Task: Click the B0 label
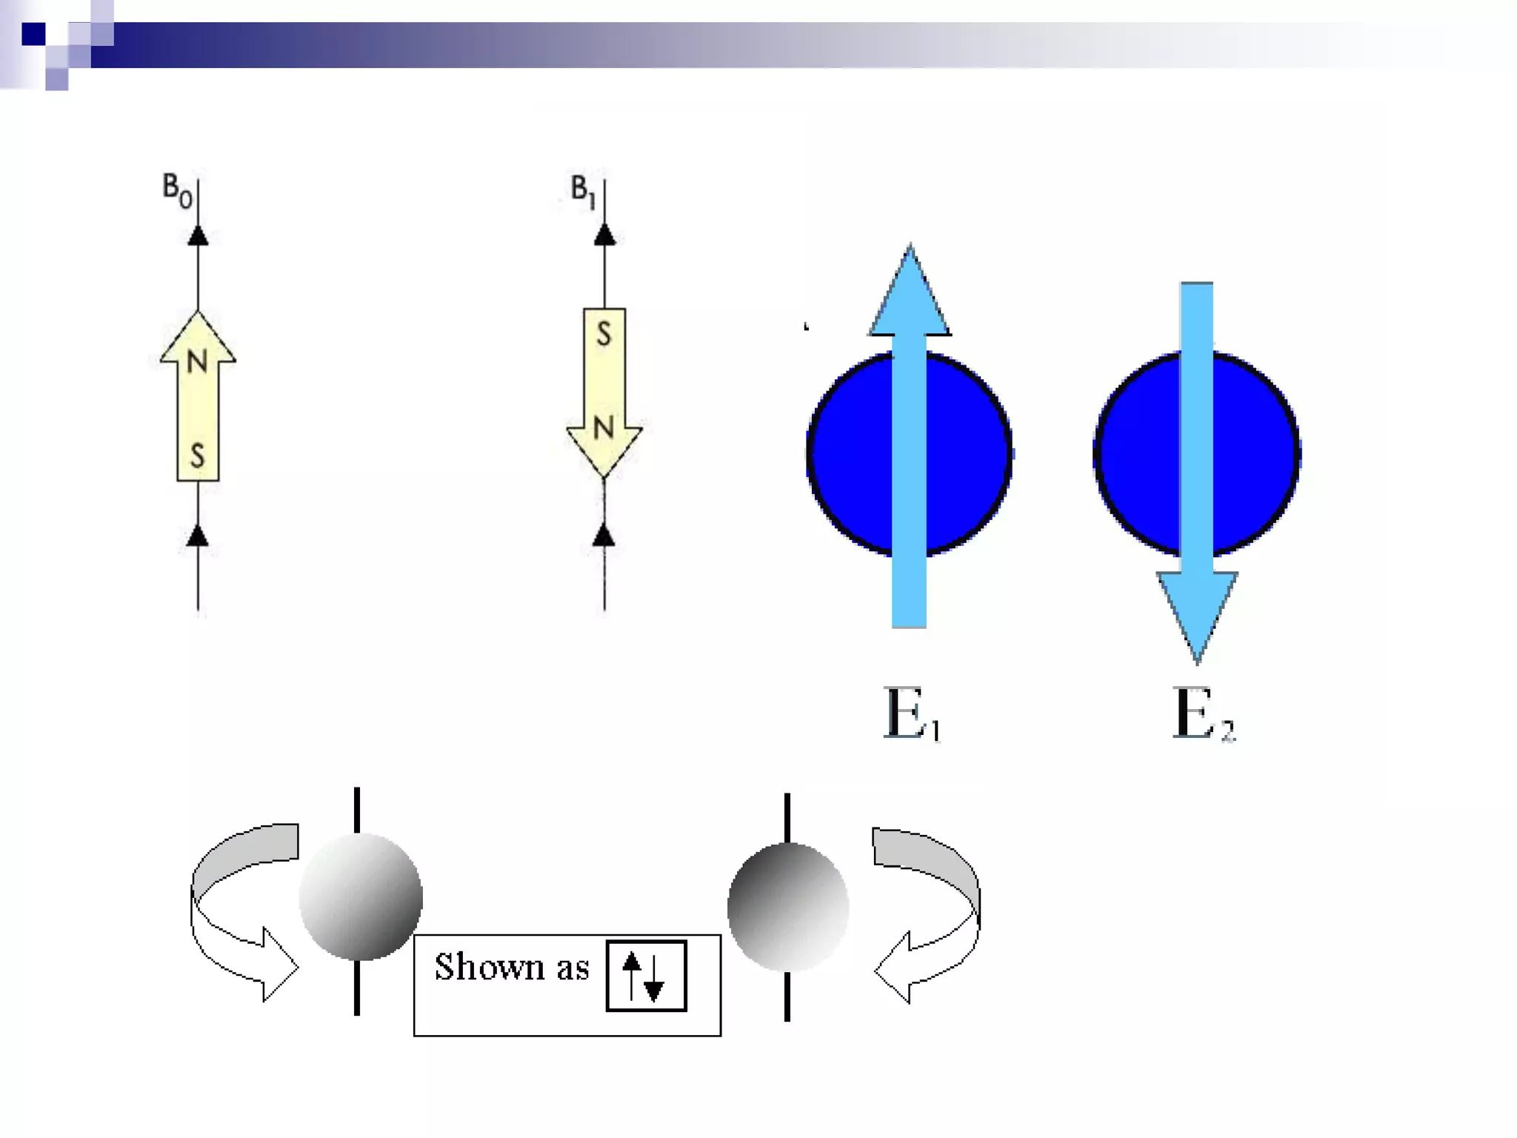[177, 190]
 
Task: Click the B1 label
[583, 190]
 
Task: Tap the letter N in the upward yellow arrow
[197, 362]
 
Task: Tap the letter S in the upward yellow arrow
[197, 454]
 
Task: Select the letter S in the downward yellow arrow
[604, 335]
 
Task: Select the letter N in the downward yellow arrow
[604, 427]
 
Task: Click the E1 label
[912, 713]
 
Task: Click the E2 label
[1203, 713]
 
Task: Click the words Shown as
[511, 967]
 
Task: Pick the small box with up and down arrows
[646, 976]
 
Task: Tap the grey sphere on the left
[361, 896]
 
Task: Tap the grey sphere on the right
[788, 907]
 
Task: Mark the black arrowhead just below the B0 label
[198, 236]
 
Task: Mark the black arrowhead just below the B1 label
[604, 236]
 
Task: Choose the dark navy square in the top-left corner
[33, 34]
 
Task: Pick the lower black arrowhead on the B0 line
[198, 536]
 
